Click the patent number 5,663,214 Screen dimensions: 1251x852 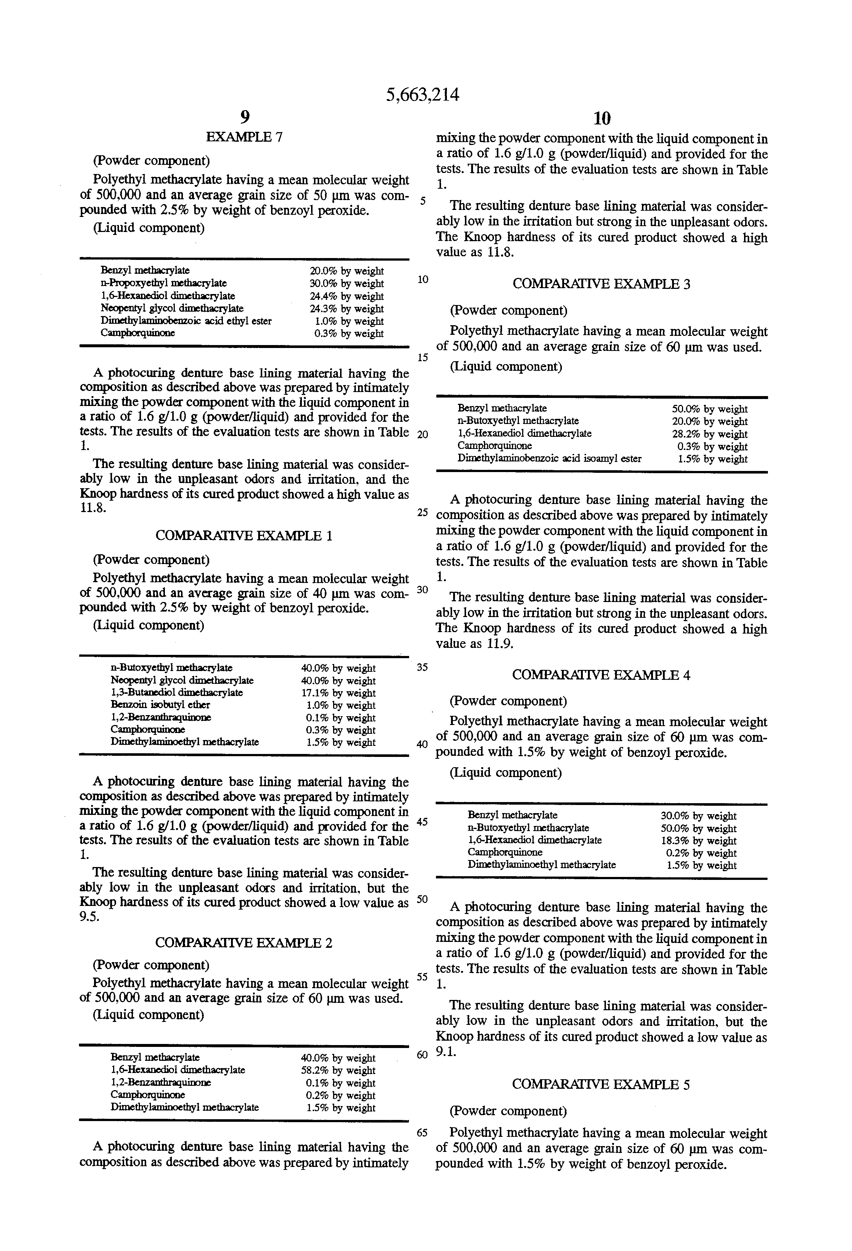(423, 95)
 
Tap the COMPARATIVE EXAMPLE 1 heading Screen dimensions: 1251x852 (244, 536)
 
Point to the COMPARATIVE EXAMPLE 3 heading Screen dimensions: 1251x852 (601, 284)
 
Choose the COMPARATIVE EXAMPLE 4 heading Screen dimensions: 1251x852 (601, 675)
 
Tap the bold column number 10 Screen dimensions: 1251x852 (602, 117)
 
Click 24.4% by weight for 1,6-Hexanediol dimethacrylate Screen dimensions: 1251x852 (346, 296)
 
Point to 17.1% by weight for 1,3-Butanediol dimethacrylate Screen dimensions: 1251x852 (337, 693)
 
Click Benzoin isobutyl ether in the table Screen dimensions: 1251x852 (160, 705)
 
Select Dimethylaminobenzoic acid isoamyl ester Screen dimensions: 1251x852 (549, 458)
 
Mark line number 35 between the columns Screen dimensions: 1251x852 (422, 667)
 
